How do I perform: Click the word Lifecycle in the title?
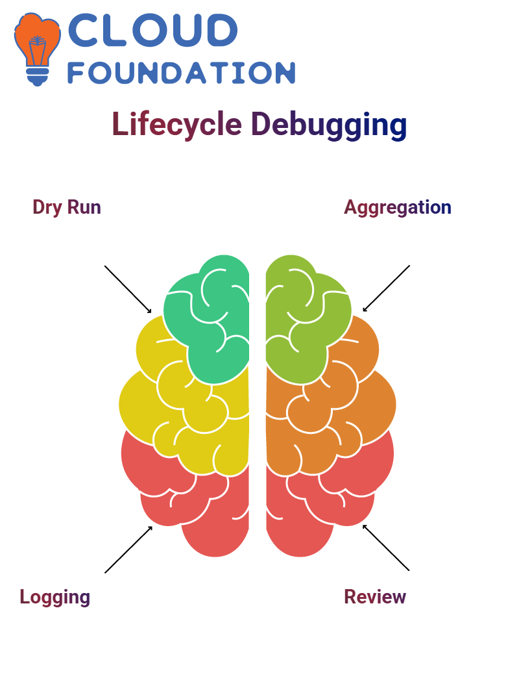click(x=176, y=124)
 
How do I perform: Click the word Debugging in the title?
click(x=329, y=125)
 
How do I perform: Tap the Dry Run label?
click(x=67, y=207)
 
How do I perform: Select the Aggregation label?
click(x=398, y=207)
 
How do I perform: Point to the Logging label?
click(x=55, y=597)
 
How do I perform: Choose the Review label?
click(x=375, y=597)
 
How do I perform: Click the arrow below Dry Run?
click(x=128, y=290)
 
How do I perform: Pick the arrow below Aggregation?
click(x=386, y=288)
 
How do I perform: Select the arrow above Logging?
click(x=128, y=550)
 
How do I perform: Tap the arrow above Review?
click(x=386, y=548)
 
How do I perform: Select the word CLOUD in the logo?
click(x=152, y=30)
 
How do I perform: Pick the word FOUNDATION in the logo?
click(x=181, y=73)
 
